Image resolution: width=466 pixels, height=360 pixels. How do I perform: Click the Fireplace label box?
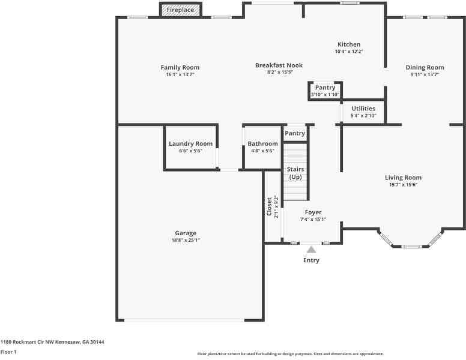coord(180,10)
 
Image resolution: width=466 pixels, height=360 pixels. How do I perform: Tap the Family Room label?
coord(180,67)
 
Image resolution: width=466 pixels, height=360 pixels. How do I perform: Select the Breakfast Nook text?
coord(279,65)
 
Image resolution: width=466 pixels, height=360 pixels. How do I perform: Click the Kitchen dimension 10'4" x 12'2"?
coord(349,52)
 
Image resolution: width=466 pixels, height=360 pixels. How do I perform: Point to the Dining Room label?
coord(425,67)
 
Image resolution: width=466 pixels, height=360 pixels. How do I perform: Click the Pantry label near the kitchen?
coord(325,88)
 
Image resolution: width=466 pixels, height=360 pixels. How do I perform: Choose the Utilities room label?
coord(363,109)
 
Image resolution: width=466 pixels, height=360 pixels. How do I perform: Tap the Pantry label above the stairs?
coord(295,133)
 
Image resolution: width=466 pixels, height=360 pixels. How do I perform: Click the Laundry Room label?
coord(190,143)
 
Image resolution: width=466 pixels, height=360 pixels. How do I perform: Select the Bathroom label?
coord(262,143)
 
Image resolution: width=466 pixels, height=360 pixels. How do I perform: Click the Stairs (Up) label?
coord(295,173)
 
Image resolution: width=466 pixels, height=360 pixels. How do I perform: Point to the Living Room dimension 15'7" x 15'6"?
coord(403,185)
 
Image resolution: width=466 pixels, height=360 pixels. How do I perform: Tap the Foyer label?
coord(313,212)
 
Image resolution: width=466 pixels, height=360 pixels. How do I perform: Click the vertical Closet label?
coord(270,206)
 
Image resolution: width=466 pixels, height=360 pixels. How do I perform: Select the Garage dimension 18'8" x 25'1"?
coord(186,240)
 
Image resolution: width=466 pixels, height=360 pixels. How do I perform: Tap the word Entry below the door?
coord(311,260)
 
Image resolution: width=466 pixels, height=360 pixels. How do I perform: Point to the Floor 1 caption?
coord(8,352)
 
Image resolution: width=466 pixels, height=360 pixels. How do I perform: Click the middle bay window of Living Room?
coord(411,246)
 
